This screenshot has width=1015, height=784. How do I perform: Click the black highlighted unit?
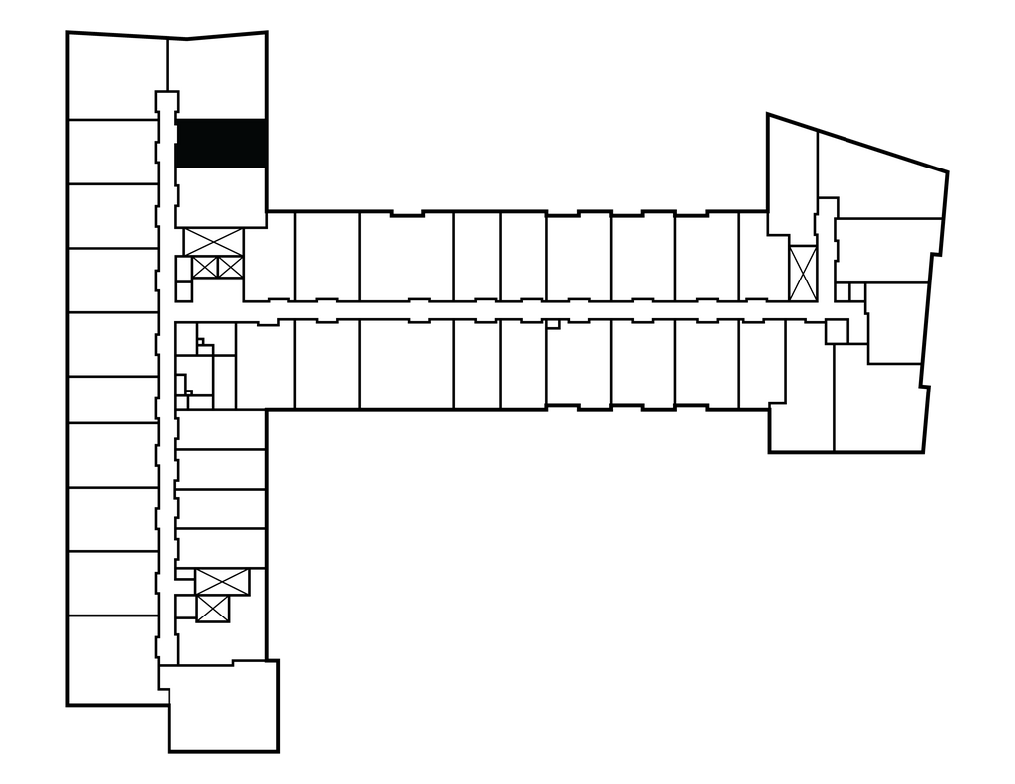(x=220, y=143)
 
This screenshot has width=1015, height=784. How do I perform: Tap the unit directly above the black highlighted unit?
(x=215, y=77)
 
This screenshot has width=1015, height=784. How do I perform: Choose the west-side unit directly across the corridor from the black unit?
(x=111, y=151)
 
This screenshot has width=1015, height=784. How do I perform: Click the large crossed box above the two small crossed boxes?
(x=213, y=241)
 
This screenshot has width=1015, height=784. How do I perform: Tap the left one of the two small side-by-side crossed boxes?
(x=204, y=266)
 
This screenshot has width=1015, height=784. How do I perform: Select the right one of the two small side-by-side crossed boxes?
(x=229, y=266)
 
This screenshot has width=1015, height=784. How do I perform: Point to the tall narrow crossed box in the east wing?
(x=802, y=272)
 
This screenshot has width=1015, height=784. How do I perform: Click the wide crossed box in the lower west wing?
(x=222, y=582)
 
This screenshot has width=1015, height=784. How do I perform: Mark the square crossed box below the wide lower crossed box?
(x=213, y=609)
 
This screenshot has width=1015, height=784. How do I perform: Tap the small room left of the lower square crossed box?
(x=186, y=607)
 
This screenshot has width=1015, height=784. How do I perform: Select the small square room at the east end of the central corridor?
(x=837, y=331)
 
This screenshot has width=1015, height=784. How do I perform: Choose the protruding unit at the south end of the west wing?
(x=222, y=706)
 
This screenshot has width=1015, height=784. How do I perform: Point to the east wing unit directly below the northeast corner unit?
(x=887, y=250)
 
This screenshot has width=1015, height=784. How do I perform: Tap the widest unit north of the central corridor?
(x=405, y=256)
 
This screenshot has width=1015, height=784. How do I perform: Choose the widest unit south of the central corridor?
(x=405, y=364)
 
